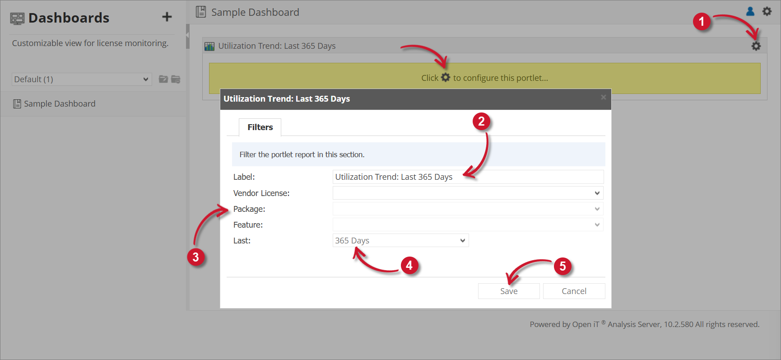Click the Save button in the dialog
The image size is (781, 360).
[x=509, y=291]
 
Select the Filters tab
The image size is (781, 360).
[x=260, y=127]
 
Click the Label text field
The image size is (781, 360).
[x=468, y=177]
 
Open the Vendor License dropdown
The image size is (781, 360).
[x=468, y=193]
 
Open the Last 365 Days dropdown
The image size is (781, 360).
[x=400, y=241]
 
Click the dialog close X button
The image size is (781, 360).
[x=603, y=98]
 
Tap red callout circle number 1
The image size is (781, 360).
[x=702, y=22]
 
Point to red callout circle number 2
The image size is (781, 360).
[x=481, y=122]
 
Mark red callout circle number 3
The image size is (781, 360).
[x=195, y=257]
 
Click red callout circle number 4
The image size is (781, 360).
[x=409, y=265]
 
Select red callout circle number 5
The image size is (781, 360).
[x=563, y=266]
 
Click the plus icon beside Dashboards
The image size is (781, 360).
[x=167, y=17]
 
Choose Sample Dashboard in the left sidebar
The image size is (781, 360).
[x=59, y=104]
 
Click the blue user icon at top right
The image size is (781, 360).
[x=750, y=11]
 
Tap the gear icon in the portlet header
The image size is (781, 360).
[x=756, y=46]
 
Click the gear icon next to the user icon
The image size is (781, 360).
[x=767, y=11]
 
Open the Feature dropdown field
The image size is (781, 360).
[x=468, y=225]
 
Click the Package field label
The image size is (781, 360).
[x=249, y=209]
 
